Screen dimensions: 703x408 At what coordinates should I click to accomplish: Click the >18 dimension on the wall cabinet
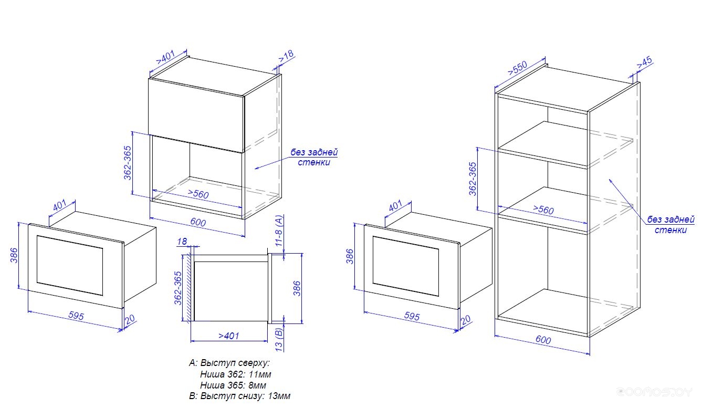[287, 57]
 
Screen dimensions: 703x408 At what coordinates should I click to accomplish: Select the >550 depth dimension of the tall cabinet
[518, 68]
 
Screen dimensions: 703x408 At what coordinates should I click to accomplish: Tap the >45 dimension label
[644, 62]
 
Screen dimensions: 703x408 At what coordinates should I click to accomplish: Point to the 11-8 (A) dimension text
[279, 231]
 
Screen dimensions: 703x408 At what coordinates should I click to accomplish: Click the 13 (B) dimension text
[279, 340]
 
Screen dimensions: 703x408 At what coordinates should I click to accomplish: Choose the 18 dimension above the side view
[182, 242]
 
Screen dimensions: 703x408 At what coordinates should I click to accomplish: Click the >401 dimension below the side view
[229, 336]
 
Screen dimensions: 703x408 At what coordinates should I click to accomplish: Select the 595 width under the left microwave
[76, 316]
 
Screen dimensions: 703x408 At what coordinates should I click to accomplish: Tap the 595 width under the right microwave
[412, 316]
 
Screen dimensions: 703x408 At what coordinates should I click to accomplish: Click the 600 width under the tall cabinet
[543, 340]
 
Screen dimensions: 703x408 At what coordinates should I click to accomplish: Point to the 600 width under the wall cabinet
[198, 222]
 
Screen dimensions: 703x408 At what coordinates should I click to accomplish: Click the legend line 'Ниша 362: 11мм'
[236, 374]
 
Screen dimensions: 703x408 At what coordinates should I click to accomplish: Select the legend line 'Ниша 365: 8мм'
[233, 385]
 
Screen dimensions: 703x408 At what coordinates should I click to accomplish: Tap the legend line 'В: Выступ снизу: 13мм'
[240, 396]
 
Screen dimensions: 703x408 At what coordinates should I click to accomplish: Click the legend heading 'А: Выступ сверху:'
[229, 363]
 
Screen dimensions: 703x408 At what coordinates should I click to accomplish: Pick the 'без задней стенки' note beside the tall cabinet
[670, 224]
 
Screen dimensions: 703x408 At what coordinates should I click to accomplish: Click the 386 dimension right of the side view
[297, 288]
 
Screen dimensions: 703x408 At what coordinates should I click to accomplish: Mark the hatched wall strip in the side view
[189, 288]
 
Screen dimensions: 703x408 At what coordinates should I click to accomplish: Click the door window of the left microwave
[70, 266]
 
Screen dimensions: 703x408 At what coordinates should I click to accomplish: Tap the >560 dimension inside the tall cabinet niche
[543, 210]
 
